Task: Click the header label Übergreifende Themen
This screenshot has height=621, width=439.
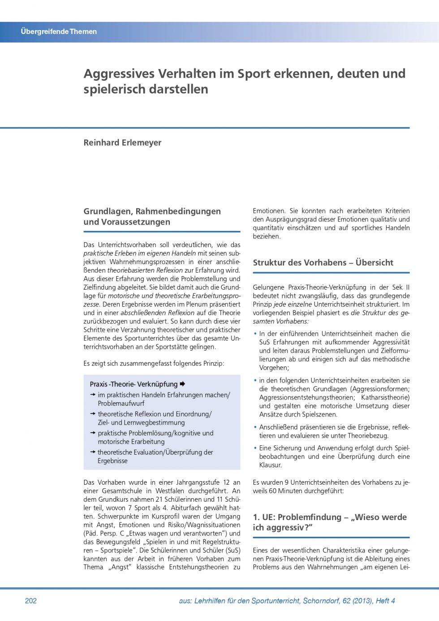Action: [59, 31]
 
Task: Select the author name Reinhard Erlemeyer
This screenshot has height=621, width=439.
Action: [122, 143]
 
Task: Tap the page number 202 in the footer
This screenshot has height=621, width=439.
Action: [31, 601]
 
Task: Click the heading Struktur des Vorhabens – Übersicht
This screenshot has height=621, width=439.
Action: [323, 263]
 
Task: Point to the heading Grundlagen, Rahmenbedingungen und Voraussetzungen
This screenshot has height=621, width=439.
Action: [152, 217]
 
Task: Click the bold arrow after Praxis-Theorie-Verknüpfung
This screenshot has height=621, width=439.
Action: [182, 384]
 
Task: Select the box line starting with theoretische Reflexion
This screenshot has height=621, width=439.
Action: [155, 414]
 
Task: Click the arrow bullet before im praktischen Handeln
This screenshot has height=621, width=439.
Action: [93, 395]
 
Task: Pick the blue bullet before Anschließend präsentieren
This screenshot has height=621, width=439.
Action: [255, 427]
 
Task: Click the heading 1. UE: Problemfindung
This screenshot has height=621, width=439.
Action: [329, 522]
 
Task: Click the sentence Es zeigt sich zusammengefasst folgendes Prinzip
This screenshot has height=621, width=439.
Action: [154, 363]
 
